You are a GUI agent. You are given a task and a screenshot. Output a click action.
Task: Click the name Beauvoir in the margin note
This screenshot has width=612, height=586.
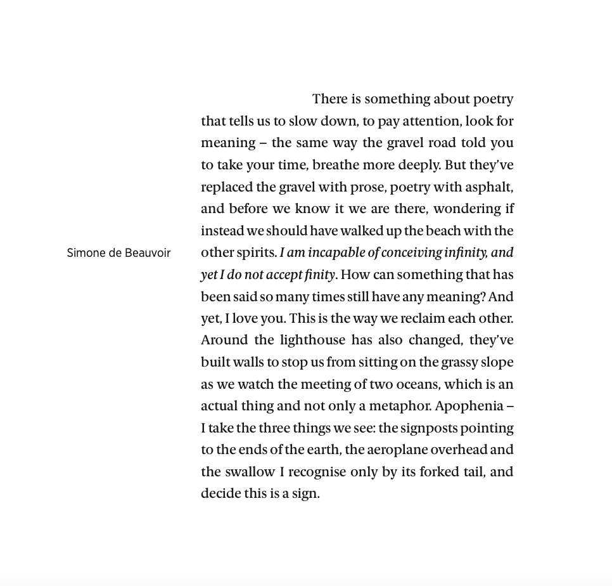click(148, 253)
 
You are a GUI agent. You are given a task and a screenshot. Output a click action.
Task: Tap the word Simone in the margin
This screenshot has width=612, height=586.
click(86, 253)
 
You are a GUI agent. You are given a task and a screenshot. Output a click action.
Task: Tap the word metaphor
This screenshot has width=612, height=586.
click(400, 406)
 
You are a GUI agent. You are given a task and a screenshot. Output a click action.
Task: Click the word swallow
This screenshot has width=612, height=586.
click(238, 472)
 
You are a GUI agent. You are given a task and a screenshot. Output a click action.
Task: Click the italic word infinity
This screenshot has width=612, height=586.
click(466, 252)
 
